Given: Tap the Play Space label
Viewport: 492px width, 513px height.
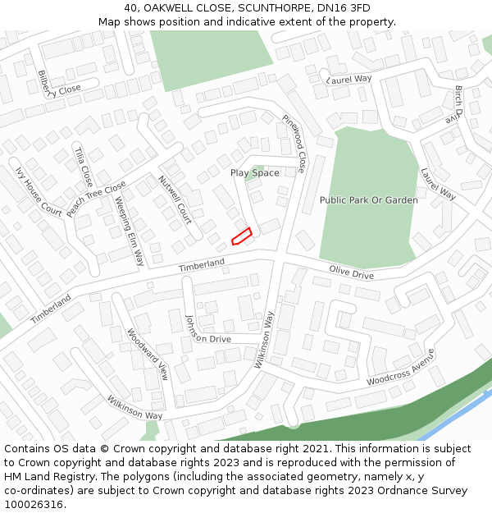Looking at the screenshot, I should (x=254, y=172).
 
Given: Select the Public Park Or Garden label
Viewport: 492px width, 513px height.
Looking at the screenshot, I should (x=368, y=199).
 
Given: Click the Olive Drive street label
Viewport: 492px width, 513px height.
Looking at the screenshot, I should (x=351, y=272).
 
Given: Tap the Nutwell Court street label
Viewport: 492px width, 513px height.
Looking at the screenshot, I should (x=175, y=199).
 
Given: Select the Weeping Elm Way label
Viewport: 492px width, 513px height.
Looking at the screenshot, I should (x=130, y=231).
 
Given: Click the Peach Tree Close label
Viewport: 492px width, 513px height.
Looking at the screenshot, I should (x=97, y=199).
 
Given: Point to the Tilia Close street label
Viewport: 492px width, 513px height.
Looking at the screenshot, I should (x=83, y=167).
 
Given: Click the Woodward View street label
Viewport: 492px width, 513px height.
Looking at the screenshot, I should (x=148, y=355).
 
